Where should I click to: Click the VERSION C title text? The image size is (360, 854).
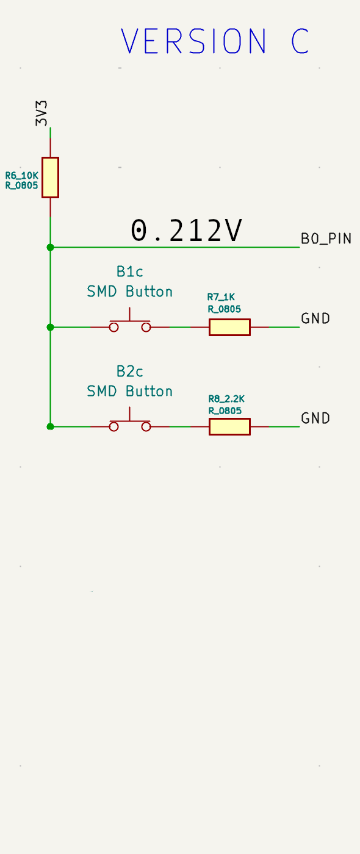215,41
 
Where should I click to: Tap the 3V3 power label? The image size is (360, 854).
41,113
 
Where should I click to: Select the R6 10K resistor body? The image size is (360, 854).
50,178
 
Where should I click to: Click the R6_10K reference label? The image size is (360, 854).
22,176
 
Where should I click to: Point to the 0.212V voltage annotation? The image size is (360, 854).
186,231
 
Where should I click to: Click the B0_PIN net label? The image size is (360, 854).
326,239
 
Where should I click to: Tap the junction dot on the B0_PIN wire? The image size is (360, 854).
50,248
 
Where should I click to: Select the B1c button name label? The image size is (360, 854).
129,272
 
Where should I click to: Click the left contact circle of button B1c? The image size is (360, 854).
113,327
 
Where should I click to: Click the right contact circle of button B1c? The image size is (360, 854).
146,327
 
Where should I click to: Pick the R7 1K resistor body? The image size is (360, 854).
229,327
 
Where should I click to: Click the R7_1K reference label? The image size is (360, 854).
221,297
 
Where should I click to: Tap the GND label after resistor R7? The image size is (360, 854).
315,318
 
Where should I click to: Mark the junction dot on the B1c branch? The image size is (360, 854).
50,327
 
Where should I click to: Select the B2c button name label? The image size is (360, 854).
129,371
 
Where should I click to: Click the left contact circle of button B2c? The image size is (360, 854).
113,426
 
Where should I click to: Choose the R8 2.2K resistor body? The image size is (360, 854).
229,426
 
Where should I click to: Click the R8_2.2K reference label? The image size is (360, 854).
226,399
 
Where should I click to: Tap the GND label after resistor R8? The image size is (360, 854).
315,418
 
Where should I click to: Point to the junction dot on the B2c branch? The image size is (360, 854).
50,426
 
